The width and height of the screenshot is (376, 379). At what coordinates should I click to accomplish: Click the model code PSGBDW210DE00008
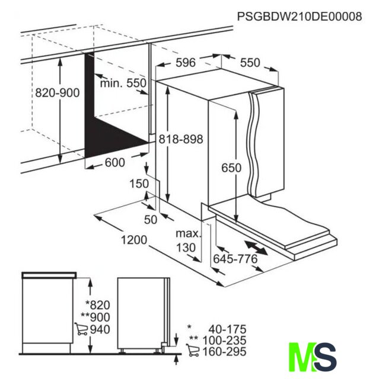click(299, 17)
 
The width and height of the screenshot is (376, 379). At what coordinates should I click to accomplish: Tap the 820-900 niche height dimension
click(58, 92)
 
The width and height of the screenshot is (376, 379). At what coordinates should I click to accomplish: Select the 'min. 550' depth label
click(123, 83)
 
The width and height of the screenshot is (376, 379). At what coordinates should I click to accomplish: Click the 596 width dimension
click(186, 63)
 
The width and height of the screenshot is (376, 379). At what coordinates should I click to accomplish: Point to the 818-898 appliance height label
click(181, 139)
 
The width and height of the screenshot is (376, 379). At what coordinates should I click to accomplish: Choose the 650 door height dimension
click(231, 168)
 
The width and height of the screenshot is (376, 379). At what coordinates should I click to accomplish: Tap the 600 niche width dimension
click(115, 162)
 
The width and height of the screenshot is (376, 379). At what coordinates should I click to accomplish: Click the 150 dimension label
click(139, 184)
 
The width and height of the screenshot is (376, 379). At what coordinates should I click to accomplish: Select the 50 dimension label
click(151, 220)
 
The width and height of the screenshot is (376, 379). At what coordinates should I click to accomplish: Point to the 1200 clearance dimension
click(134, 240)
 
